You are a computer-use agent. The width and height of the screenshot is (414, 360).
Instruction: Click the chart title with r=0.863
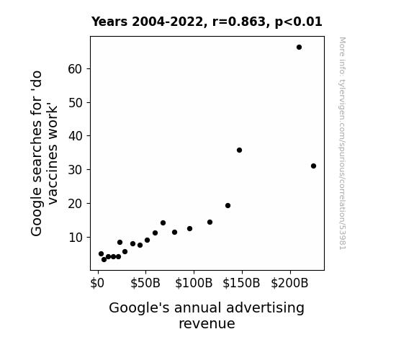point(207,22)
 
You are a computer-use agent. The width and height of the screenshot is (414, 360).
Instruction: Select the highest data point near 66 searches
point(299,48)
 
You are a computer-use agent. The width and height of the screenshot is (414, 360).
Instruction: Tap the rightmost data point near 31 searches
point(313,166)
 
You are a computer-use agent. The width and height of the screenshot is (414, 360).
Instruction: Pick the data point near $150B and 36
point(239,150)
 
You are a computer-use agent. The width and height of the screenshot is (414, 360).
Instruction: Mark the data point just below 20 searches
point(228,205)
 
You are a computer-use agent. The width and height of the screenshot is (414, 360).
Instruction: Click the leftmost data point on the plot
point(101,253)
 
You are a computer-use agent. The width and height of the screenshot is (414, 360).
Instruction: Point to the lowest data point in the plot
point(104,260)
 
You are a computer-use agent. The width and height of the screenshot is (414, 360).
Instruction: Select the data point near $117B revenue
point(210,222)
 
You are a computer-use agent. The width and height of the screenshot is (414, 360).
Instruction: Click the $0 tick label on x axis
point(97,283)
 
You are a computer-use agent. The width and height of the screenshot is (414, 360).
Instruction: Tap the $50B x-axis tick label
point(145,283)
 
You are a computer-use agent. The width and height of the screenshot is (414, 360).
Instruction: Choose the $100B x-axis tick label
point(194,283)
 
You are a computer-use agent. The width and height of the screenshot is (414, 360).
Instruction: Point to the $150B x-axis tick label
point(241,283)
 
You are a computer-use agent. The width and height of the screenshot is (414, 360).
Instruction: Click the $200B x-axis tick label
point(289,283)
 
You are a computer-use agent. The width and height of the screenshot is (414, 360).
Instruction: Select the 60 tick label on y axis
point(76,69)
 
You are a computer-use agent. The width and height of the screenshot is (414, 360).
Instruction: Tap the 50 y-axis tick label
point(76,103)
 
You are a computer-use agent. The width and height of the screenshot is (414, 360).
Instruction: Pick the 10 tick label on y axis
point(76,238)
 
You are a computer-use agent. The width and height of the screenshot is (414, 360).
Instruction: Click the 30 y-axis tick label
point(76,170)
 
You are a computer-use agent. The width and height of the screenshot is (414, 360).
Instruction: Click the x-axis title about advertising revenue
point(207,315)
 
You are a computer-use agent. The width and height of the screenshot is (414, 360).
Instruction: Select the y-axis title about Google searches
point(44,153)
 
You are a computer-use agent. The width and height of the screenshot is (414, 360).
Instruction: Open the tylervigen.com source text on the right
point(343,143)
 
